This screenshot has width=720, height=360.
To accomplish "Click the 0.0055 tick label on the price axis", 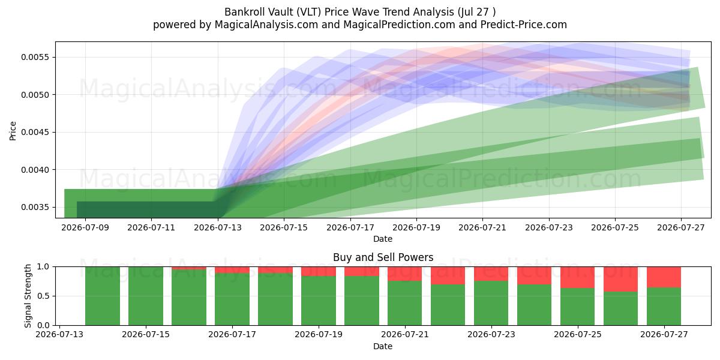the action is point(35,57).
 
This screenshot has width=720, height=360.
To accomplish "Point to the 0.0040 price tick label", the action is point(35,170).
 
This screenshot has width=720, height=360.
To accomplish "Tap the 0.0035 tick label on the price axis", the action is point(35,208).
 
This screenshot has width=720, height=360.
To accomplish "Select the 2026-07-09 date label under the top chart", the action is point(85,228).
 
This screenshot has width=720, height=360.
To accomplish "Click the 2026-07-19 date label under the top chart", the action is point(416,228).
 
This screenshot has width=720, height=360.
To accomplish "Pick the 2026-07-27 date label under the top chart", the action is point(681,228).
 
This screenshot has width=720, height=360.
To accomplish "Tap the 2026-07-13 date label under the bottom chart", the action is point(59,335).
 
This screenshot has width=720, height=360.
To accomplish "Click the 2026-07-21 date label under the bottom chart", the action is point(405,335).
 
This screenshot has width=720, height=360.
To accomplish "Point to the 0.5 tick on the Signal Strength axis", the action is point(44,296).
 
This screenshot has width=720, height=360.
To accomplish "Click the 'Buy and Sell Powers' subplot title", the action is point(383,257).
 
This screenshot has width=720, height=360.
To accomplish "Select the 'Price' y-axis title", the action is point(13,131).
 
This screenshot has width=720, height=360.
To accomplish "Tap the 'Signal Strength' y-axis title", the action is point(28,296).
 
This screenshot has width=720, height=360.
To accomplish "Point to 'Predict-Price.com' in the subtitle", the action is point(524,25).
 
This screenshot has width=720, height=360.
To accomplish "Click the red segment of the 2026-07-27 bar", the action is point(664,277).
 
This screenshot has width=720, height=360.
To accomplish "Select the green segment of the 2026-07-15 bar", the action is point(146,296).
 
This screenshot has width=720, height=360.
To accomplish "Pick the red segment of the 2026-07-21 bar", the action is point(404,274).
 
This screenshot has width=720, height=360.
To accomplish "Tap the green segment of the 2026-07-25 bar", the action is point(578,307).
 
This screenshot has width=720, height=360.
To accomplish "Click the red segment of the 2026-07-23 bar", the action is point(491,274).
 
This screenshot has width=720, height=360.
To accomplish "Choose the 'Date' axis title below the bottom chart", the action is point(383,347).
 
